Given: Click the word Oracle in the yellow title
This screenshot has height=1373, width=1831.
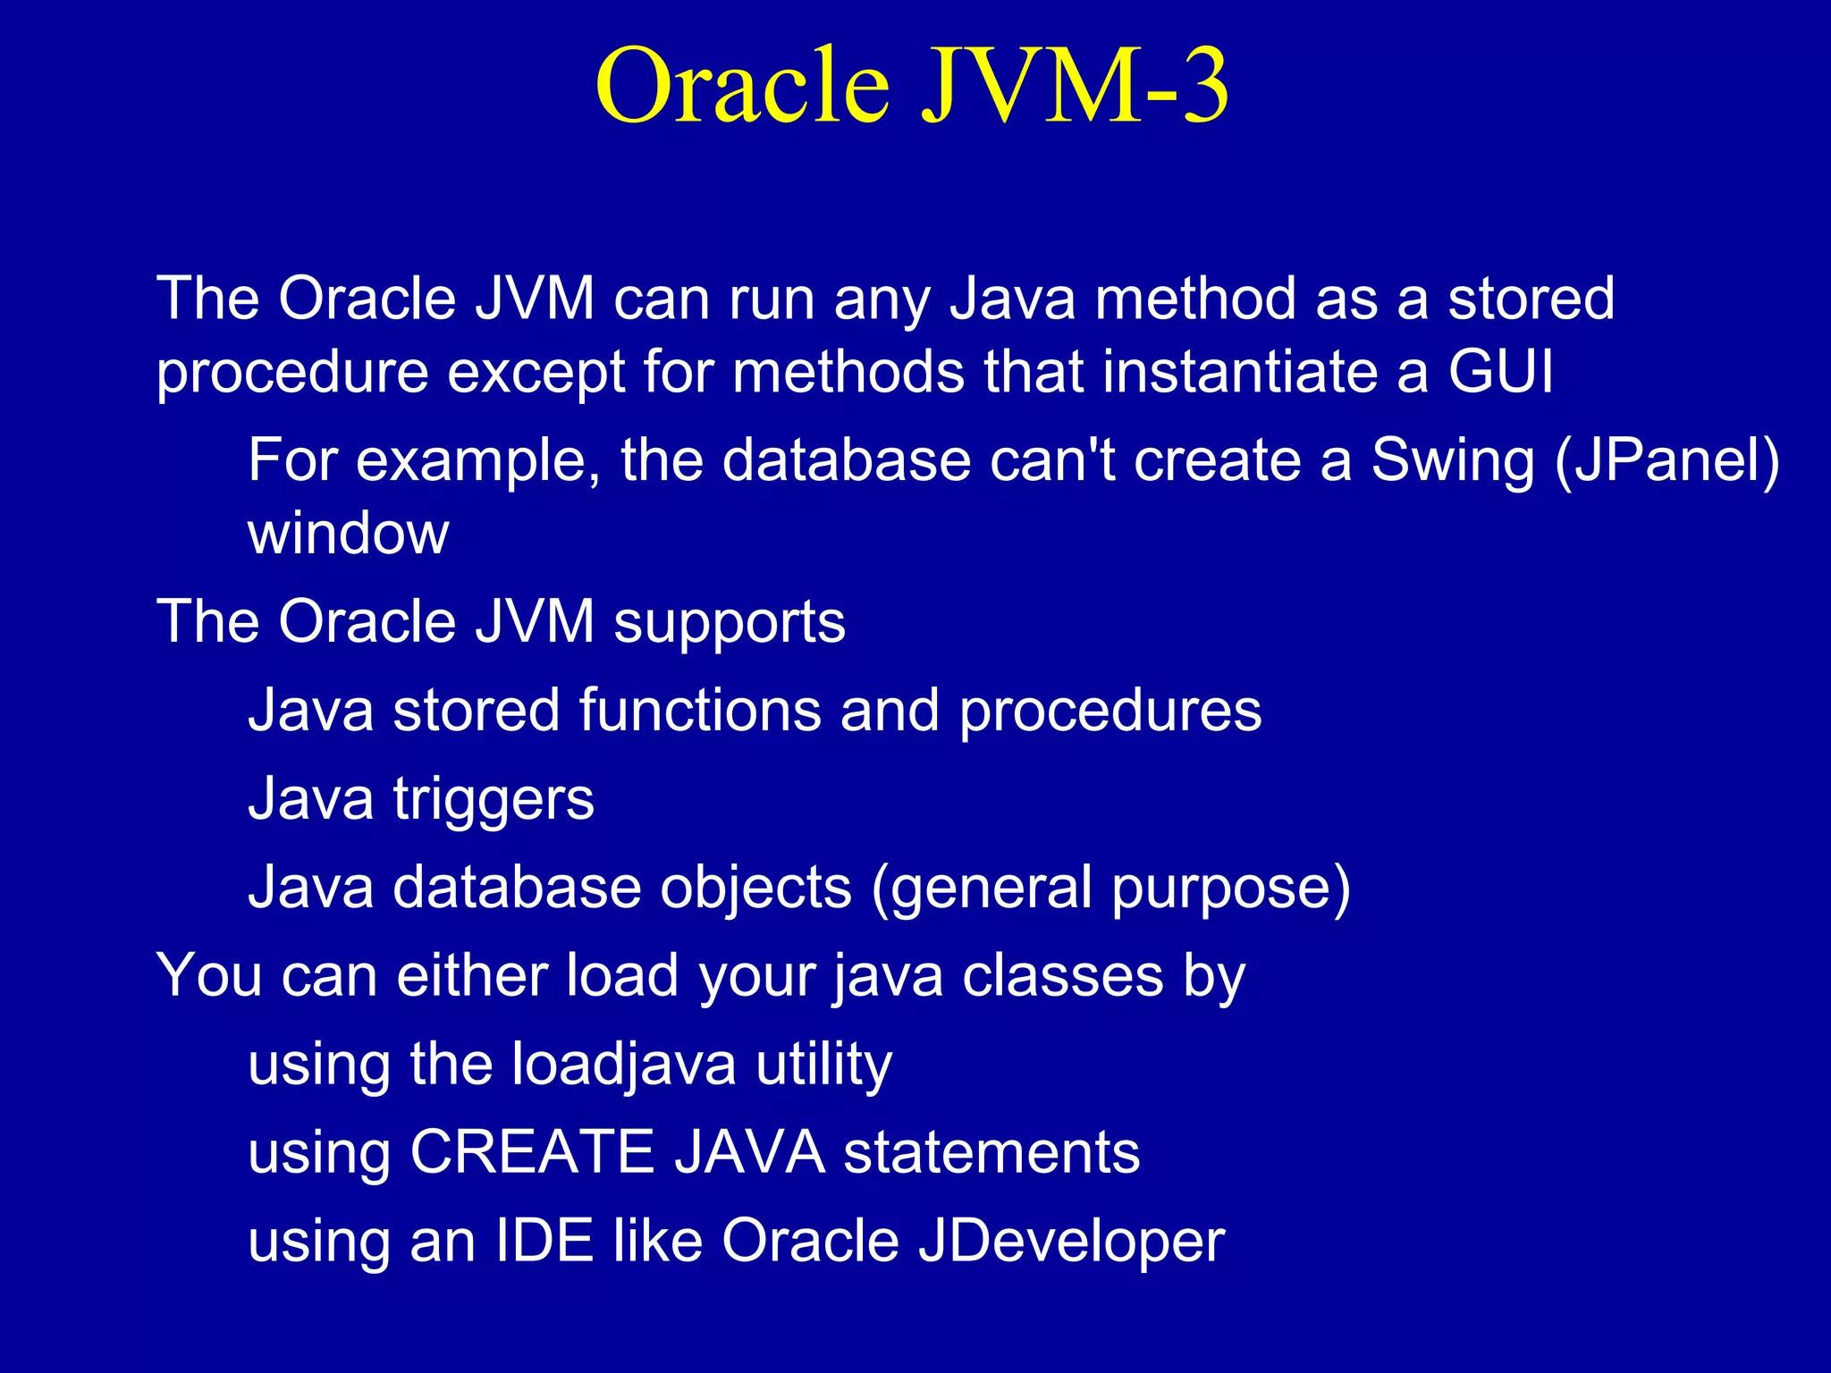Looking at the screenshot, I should click(x=744, y=86).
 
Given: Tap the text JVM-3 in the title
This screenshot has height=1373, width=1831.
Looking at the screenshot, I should click(x=1076, y=86).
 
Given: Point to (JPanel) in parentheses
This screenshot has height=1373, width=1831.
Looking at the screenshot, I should click(x=1667, y=460).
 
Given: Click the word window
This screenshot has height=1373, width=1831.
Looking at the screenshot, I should click(x=348, y=534).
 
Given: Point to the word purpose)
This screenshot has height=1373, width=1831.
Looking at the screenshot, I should click(x=1231, y=889).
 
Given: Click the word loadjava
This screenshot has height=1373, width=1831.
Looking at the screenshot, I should click(x=624, y=1066).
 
